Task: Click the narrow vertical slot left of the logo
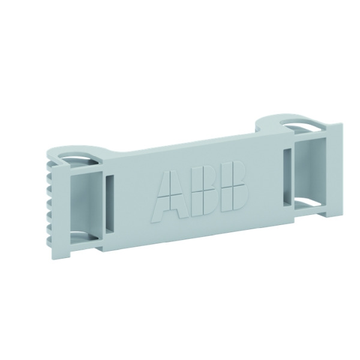click(110, 205)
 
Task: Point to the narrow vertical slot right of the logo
click(287, 177)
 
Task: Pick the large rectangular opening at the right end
click(310, 171)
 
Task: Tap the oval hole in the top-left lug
click(79, 159)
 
